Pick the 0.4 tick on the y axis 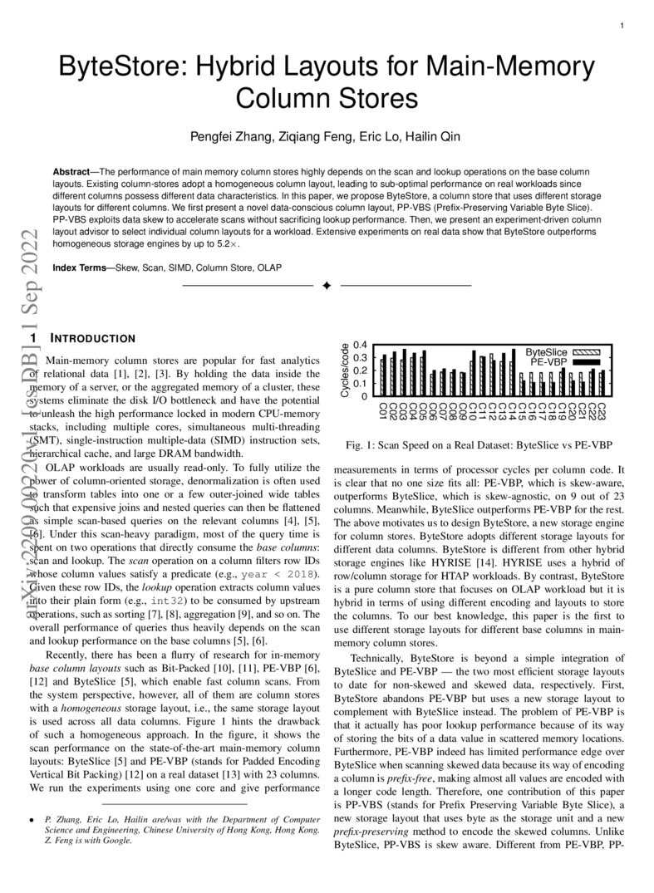[361, 345]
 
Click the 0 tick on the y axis [363, 396]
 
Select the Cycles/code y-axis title [346, 370]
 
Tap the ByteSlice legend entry [546, 352]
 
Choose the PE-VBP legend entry [548, 362]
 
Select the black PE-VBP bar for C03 [405, 373]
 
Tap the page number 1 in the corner [622, 27]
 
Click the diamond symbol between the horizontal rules [327, 286]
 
